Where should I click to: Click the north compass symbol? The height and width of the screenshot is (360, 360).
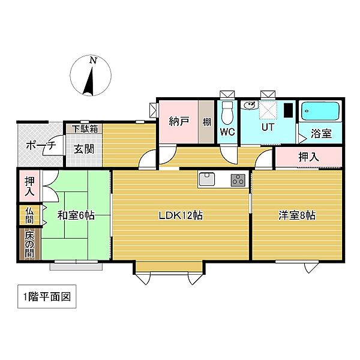pos(90,76)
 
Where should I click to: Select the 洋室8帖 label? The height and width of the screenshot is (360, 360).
pos(296,215)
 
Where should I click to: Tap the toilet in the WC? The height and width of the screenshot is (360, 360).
pos(227,112)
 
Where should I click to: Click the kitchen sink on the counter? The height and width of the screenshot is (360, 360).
pos(207,179)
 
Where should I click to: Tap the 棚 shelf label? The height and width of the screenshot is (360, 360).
pos(206,122)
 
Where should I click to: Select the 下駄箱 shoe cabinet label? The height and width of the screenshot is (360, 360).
pos(83,128)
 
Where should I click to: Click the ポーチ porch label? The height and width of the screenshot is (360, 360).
pos(40,145)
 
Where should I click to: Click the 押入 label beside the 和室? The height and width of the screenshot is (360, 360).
pos(29,187)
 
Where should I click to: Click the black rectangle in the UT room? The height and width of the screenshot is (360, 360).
pos(289,111)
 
